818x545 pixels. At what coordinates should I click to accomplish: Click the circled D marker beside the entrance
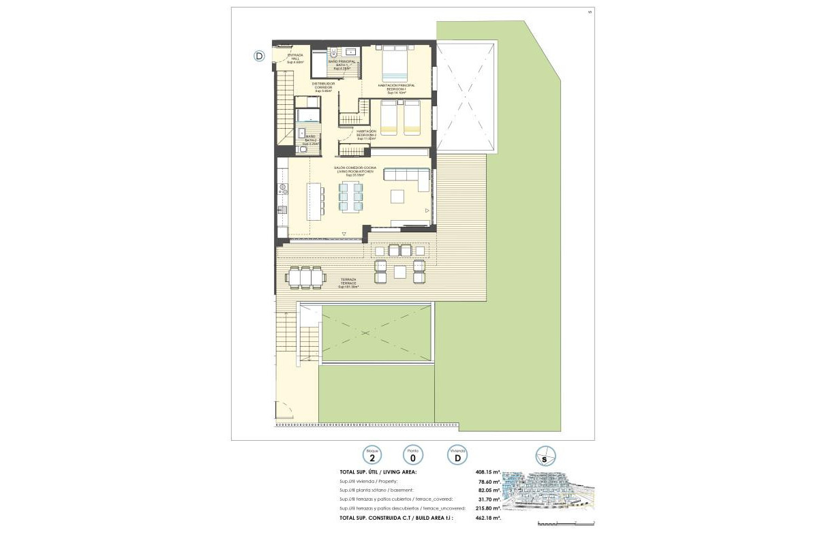[259, 56]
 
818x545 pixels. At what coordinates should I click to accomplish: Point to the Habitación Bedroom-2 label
[366, 135]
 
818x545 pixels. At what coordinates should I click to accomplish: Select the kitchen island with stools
[314, 200]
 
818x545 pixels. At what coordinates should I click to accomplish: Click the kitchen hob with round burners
[280, 188]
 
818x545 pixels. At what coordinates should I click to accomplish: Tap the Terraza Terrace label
[348, 283]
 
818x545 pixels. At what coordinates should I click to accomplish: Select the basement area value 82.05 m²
[489, 490]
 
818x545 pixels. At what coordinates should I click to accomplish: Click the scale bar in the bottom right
[565, 523]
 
